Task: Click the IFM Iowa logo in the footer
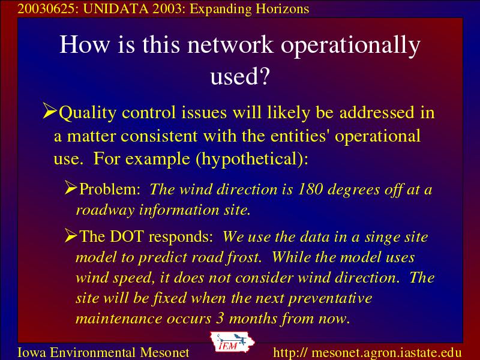coord(232,342)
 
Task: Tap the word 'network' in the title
coord(230,44)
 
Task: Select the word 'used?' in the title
coord(239,76)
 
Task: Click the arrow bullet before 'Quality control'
coord(50,110)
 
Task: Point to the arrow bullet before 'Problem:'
coord(71,187)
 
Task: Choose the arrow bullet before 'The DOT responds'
coord(71,235)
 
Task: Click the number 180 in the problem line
coord(310,189)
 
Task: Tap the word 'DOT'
coord(127,236)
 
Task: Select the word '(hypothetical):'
coord(252,159)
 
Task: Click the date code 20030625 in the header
coord(46,9)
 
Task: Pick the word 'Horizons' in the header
coord(282,9)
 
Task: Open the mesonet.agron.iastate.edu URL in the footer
coord(367,353)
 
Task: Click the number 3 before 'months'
coord(220,319)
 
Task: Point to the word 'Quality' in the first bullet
coord(87,113)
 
